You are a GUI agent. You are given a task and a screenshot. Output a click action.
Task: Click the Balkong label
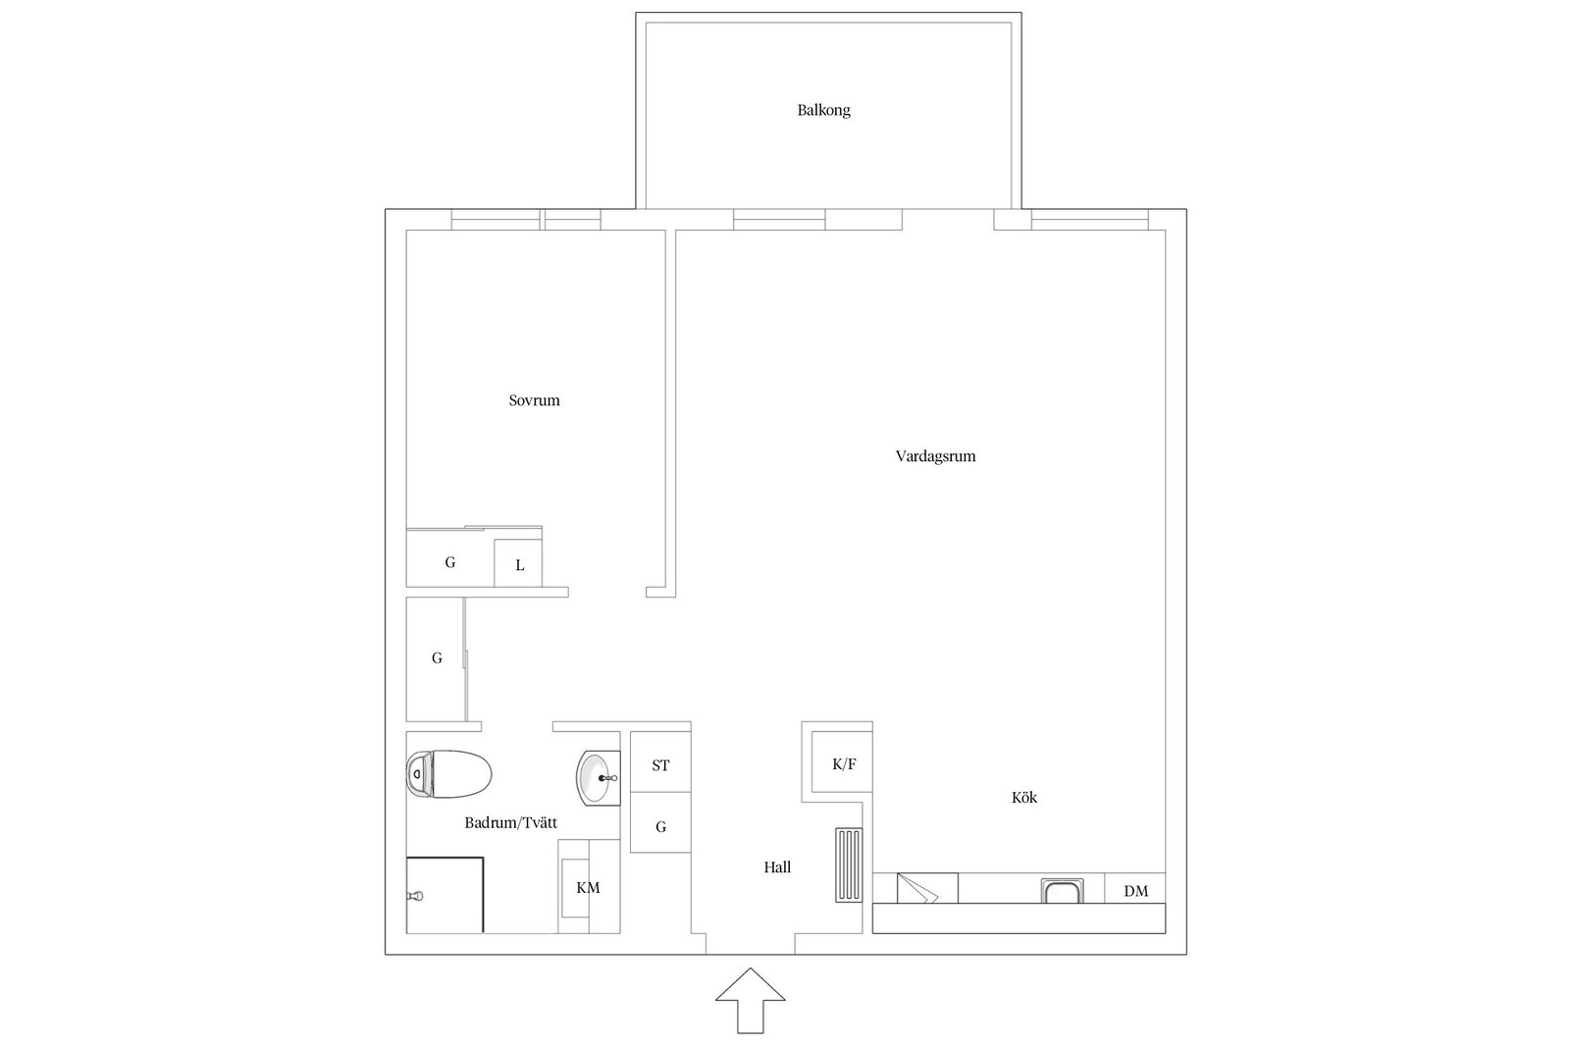click(823, 110)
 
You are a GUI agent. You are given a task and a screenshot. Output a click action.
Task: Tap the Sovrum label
click(534, 400)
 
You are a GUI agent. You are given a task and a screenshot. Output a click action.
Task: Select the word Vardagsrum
click(935, 456)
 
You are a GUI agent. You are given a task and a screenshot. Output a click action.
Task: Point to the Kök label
click(1024, 797)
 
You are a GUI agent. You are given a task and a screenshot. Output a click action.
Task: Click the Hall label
click(777, 866)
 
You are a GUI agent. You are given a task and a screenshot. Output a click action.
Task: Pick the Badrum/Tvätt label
click(511, 822)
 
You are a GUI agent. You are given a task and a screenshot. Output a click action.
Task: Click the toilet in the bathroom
click(448, 773)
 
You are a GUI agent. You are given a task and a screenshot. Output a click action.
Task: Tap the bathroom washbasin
click(598, 778)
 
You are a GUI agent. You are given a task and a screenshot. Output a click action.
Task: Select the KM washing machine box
click(589, 886)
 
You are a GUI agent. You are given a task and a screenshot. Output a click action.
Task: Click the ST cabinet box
click(660, 761)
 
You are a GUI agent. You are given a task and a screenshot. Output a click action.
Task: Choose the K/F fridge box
click(843, 761)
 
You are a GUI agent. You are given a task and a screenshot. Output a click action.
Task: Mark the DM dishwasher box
click(1135, 889)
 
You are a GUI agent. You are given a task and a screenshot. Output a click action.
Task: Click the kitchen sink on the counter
click(1063, 891)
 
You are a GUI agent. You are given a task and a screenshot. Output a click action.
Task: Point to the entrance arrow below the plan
click(750, 1000)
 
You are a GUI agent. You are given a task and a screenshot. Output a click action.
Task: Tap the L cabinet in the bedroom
click(519, 562)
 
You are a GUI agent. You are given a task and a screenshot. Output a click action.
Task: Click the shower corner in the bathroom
click(445, 895)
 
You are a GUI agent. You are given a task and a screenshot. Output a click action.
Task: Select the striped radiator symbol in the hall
click(849, 864)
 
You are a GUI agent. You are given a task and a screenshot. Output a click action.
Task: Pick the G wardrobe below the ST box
click(660, 822)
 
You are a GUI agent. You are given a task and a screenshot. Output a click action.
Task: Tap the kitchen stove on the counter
click(927, 889)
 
